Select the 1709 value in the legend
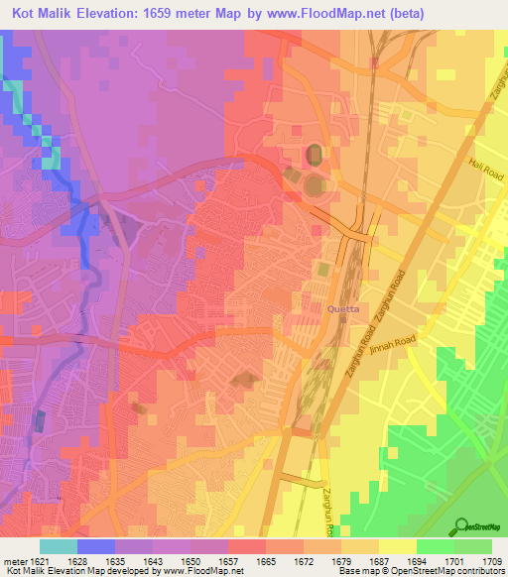click(x=492, y=560)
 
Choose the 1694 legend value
click(x=417, y=560)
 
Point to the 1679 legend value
click(x=342, y=560)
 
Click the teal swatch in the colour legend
click(x=59, y=546)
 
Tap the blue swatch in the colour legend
click(x=96, y=546)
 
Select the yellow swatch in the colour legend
click(x=398, y=546)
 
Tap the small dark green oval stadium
click(x=315, y=154)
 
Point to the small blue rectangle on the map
click(x=40, y=419)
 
